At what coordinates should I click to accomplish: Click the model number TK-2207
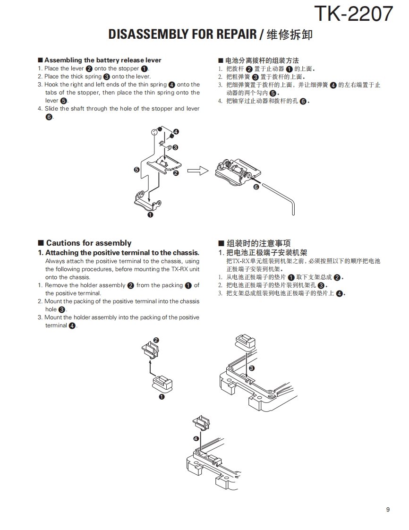click(353, 14)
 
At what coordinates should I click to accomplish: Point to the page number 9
click(388, 510)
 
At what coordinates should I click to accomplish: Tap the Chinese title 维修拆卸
click(290, 34)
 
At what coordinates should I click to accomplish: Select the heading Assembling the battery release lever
click(102, 60)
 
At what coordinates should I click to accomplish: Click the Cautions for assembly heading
click(88, 243)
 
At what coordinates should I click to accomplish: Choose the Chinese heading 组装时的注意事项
click(258, 243)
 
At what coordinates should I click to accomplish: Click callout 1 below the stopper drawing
click(150, 215)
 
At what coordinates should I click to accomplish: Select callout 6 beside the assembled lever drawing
click(256, 187)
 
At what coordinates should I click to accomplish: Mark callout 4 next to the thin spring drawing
click(176, 131)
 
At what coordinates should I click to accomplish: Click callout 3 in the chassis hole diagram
click(251, 368)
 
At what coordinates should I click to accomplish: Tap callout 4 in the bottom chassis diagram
click(196, 438)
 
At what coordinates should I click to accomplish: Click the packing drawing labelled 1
click(162, 382)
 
